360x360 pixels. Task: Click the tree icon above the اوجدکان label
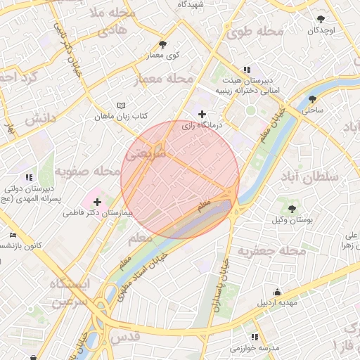321,20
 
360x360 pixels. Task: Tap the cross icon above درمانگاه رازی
202,114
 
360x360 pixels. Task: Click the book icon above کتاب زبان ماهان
121,105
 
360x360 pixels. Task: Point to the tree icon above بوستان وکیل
291,209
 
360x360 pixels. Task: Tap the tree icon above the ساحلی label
312,99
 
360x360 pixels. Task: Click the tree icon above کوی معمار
164,44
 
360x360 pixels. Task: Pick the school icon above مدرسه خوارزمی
254,337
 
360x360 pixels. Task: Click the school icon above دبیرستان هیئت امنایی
246,70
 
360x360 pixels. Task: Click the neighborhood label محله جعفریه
271,250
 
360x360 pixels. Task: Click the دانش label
41,120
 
